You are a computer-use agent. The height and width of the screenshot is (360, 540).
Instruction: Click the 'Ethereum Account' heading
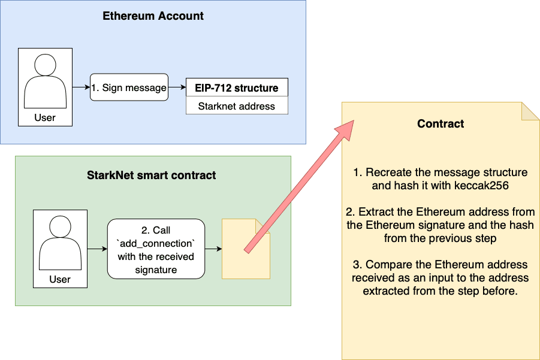coord(153,16)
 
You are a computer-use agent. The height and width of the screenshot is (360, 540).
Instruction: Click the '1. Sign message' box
coord(129,88)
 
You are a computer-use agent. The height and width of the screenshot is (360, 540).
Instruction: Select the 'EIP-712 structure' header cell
coord(237,88)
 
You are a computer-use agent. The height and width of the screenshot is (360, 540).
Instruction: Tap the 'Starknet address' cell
coord(237,106)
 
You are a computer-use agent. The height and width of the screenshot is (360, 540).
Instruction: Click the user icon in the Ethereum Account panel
coord(45,81)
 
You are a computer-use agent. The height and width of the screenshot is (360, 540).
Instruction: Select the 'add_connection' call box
coord(156,249)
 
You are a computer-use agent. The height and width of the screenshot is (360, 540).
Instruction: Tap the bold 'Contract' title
coord(441,124)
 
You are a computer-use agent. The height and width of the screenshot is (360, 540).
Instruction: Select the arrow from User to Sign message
coord(81,88)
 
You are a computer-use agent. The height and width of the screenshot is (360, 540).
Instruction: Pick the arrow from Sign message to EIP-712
coord(177,88)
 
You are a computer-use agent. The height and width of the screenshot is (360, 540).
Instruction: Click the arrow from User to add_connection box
coord(97,249)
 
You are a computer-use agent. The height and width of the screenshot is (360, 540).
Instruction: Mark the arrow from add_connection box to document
coord(213,249)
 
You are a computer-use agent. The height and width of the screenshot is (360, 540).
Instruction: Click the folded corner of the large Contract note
coord(530,111)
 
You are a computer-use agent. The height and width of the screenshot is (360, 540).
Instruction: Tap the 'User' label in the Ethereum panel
coord(45,118)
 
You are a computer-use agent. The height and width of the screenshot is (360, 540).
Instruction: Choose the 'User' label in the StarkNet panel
coord(60,279)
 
